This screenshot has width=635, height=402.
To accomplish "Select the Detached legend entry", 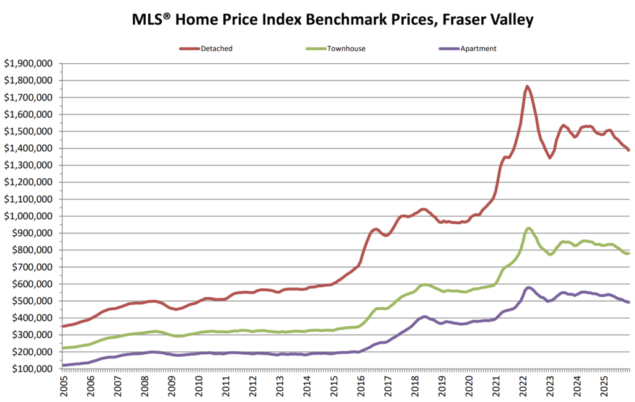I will click(x=217, y=48).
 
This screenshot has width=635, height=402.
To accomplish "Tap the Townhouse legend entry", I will click(x=348, y=48).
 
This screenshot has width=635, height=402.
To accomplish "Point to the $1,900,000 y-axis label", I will click(x=29, y=63).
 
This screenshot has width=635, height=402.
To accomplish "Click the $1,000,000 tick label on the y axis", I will click(x=29, y=216).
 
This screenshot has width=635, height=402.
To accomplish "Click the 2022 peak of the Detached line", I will click(x=527, y=87).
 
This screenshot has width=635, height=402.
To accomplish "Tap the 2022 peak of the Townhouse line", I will click(x=528, y=228).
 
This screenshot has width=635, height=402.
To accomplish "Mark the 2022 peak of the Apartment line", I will click(x=528, y=287).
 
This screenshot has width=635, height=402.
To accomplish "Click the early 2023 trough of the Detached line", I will click(x=549, y=157).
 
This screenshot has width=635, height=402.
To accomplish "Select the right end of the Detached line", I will click(x=629, y=150).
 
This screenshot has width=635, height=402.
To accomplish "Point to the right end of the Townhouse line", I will click(x=629, y=253).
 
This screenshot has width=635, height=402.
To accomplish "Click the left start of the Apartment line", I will click(x=63, y=365).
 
